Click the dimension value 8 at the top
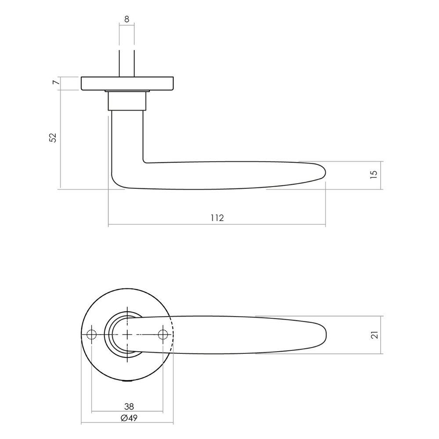pos(126,19)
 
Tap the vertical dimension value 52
pos(53,137)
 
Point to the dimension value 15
pos(374,175)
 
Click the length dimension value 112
pos(217,218)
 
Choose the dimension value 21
pos(374,335)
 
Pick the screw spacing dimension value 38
pos(129,406)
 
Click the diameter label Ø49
pos(129,417)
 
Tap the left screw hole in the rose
pos(91,335)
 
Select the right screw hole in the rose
pos(163,335)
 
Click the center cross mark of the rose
pos(127,335)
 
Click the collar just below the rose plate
pos(126,101)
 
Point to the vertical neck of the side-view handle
pos(127,136)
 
